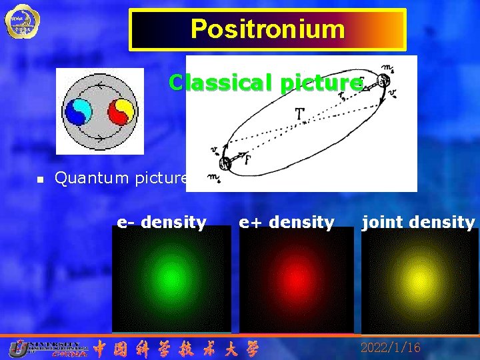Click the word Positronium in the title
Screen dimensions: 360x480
pos(267,29)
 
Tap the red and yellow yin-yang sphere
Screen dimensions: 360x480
pos(120,112)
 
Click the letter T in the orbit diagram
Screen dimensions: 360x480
pos(301,117)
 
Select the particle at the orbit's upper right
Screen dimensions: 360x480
pos(383,81)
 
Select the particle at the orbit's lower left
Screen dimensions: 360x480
pos(225,162)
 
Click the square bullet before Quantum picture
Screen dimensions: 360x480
pos(40,179)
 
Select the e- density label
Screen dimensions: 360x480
pos(162,222)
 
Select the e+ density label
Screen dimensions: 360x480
pos(287,222)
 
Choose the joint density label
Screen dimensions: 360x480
pos(418,222)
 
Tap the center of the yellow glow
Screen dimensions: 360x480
pos(419,277)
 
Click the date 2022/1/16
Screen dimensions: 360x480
pos(391,347)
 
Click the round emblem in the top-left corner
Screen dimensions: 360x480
pos(18,21)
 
